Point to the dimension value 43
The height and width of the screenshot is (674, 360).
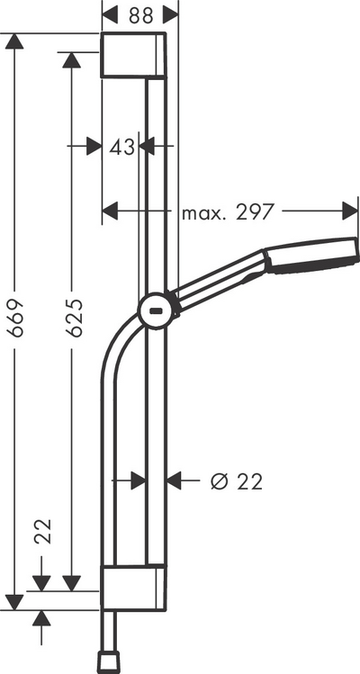(x=121, y=146)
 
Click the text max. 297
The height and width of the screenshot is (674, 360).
(x=229, y=212)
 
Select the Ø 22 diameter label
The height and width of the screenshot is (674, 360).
(x=236, y=481)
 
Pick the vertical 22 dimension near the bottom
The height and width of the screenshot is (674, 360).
(x=41, y=534)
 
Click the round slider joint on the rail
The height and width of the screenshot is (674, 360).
(x=156, y=311)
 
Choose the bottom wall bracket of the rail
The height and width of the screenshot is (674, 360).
(x=133, y=585)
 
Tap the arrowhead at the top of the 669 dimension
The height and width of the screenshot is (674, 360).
(x=13, y=42)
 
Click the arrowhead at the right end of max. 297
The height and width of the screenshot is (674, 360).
(x=350, y=211)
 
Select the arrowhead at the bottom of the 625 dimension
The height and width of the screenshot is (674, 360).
(x=72, y=583)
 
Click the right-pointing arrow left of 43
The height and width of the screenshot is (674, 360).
(x=93, y=146)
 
